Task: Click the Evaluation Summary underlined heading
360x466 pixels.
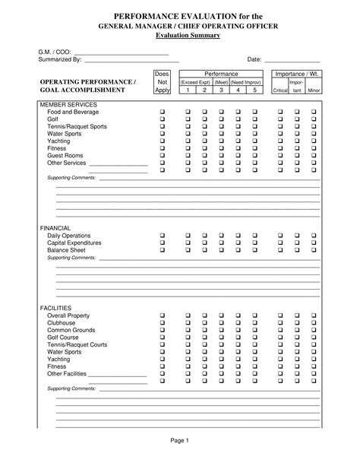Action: pos(179,36)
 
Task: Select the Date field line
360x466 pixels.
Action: pos(292,59)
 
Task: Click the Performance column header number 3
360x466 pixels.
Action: pos(221,90)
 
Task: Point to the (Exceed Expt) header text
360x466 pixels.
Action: pos(195,81)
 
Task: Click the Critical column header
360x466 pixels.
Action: pos(279,90)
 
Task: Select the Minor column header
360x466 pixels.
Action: pos(314,90)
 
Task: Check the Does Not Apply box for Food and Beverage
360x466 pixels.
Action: pos(162,112)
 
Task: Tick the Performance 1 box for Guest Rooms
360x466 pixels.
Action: pos(188,155)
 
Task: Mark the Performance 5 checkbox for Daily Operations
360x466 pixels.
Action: pos(254,236)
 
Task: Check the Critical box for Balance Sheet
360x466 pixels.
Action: pos(279,250)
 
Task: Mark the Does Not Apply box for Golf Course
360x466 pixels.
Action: pos(162,338)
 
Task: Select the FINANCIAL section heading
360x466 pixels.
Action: pos(55,228)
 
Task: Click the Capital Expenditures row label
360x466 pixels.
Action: pos(79,243)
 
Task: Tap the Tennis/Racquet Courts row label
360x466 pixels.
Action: pos(80,345)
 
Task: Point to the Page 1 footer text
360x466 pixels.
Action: pos(179,440)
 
